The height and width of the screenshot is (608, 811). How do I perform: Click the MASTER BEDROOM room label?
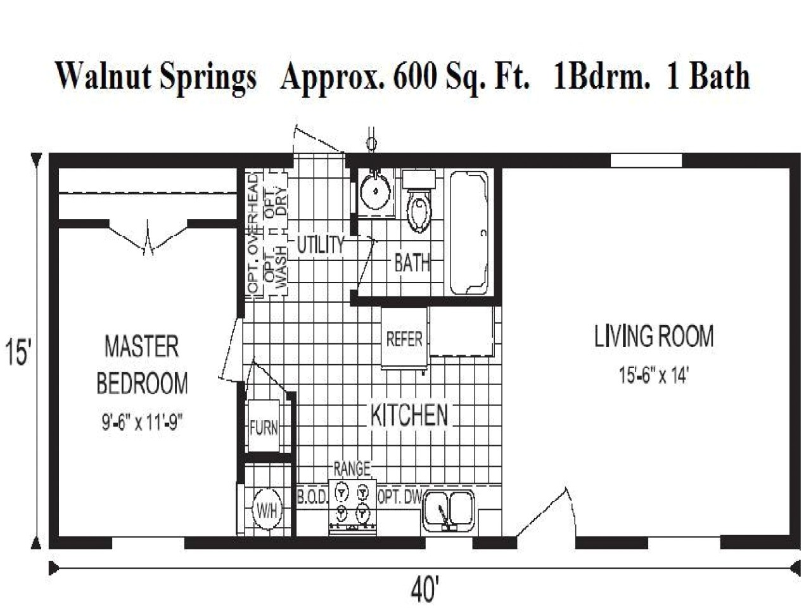142,365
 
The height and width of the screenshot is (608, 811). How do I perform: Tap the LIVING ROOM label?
653,336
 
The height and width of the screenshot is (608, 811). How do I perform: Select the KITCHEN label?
409,415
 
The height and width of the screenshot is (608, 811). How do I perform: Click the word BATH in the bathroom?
412,262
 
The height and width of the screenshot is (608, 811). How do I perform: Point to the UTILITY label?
321,245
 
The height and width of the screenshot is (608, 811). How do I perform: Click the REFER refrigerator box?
404,339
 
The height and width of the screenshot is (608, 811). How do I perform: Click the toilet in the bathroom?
418,203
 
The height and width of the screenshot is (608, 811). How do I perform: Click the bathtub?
469,233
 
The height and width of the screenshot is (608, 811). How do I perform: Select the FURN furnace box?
264,427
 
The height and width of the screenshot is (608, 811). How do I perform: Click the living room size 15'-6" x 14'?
653,376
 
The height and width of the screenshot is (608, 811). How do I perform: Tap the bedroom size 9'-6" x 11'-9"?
142,422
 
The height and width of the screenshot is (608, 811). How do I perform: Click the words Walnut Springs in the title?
156,76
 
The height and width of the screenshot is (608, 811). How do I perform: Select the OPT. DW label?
399,498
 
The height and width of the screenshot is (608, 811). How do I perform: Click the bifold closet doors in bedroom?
149,238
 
